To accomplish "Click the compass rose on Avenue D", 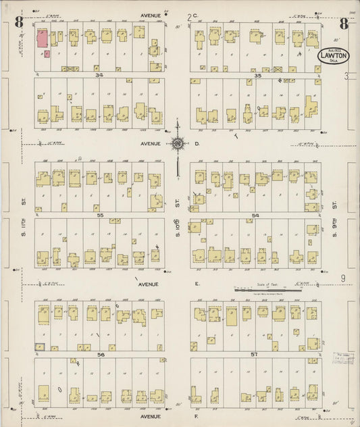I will (178, 143).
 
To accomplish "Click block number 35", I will (257, 76).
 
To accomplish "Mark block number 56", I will (101, 354).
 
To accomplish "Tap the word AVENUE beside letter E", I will (148, 284).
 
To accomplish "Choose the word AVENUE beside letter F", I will (149, 399).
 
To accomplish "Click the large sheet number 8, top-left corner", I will (19, 23).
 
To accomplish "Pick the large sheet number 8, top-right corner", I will (344, 24).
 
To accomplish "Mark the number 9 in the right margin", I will (343, 278).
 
